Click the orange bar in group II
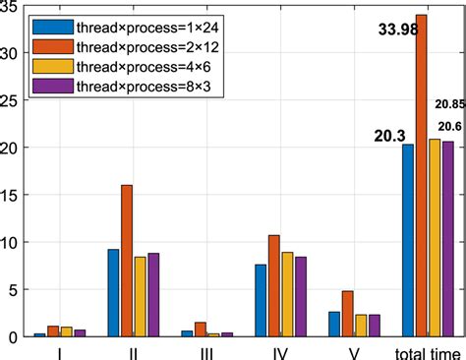pyautogui.click(x=153, y=261)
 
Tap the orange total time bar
pyautogui.click(x=421, y=176)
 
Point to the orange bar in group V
pyautogui.click(x=347, y=314)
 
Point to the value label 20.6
pyautogui.click(x=450, y=126)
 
